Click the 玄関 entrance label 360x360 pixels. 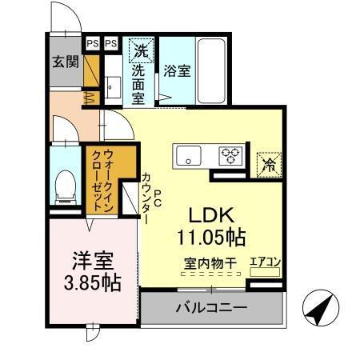click(x=66, y=62)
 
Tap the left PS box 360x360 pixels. click(x=92, y=43)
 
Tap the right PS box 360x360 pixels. click(x=110, y=43)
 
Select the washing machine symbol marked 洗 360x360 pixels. click(x=141, y=50)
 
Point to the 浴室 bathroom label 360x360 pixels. click(x=177, y=70)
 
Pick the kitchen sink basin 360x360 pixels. click(x=190, y=155)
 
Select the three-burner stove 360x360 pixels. click(x=233, y=155)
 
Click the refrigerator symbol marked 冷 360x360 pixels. click(x=269, y=164)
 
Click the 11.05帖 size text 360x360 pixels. click(x=211, y=237)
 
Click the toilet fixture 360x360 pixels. click(x=64, y=185)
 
